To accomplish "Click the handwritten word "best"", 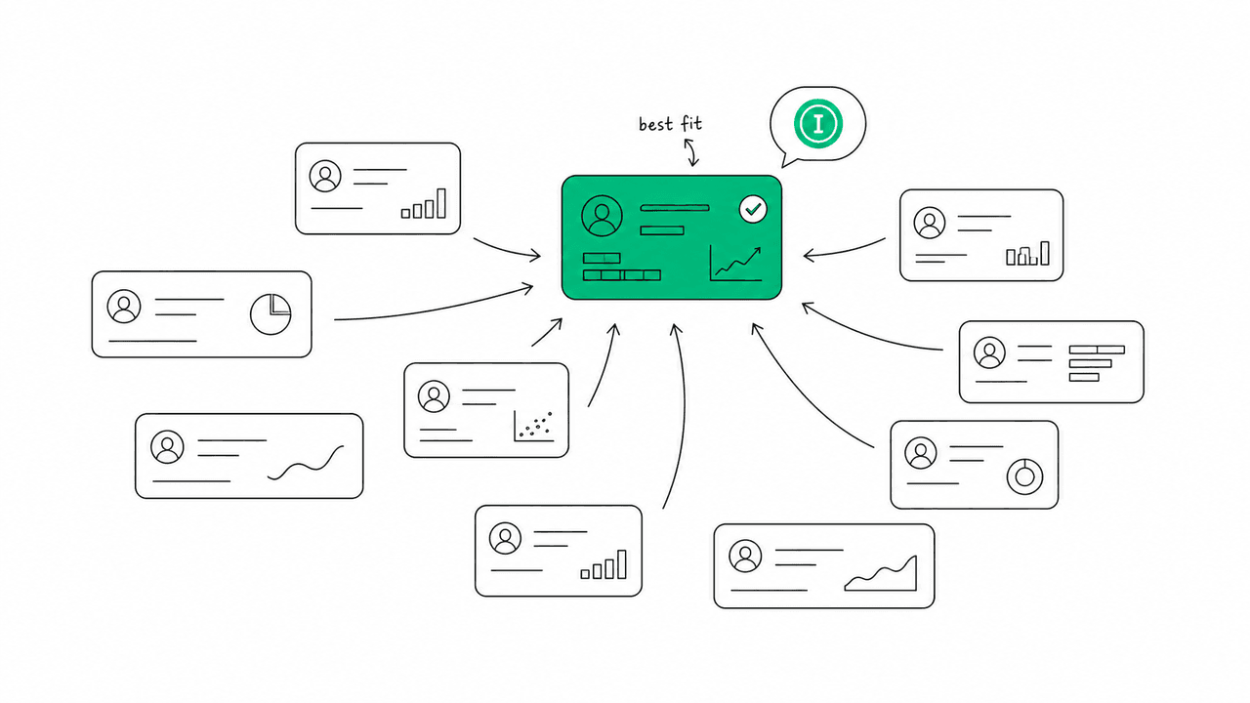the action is [655, 124].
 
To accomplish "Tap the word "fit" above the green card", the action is [691, 123].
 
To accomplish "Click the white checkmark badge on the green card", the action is [753, 209].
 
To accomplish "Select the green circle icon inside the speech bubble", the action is [818, 123].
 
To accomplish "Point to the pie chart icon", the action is [271, 314].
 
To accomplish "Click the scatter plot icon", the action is [534, 427].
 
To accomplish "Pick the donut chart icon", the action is [1024, 477].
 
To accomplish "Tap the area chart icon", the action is [881, 573].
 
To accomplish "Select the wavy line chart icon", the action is [306, 463].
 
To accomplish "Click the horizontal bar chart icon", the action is [1096, 363].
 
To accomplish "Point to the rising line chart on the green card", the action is [736, 264].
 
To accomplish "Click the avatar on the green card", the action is [602, 216].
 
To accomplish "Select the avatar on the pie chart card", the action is [124, 306].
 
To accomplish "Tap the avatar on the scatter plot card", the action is [434, 396].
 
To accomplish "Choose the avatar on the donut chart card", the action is [921, 452].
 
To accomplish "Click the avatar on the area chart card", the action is [745, 556].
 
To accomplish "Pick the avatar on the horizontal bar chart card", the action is [989, 352].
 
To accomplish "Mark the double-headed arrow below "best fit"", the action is [691, 152].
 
